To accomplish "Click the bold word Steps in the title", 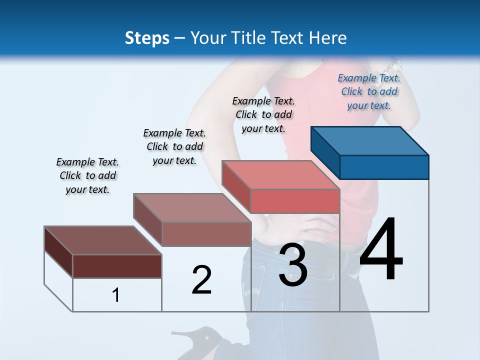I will (147, 38).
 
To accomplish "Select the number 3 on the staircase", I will (293, 264).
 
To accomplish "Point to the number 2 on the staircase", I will (201, 279).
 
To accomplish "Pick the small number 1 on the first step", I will (116, 295).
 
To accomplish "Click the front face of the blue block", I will (384, 167).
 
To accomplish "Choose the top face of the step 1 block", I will (103, 240).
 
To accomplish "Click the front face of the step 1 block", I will (117, 266).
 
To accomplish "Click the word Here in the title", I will (328, 38).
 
